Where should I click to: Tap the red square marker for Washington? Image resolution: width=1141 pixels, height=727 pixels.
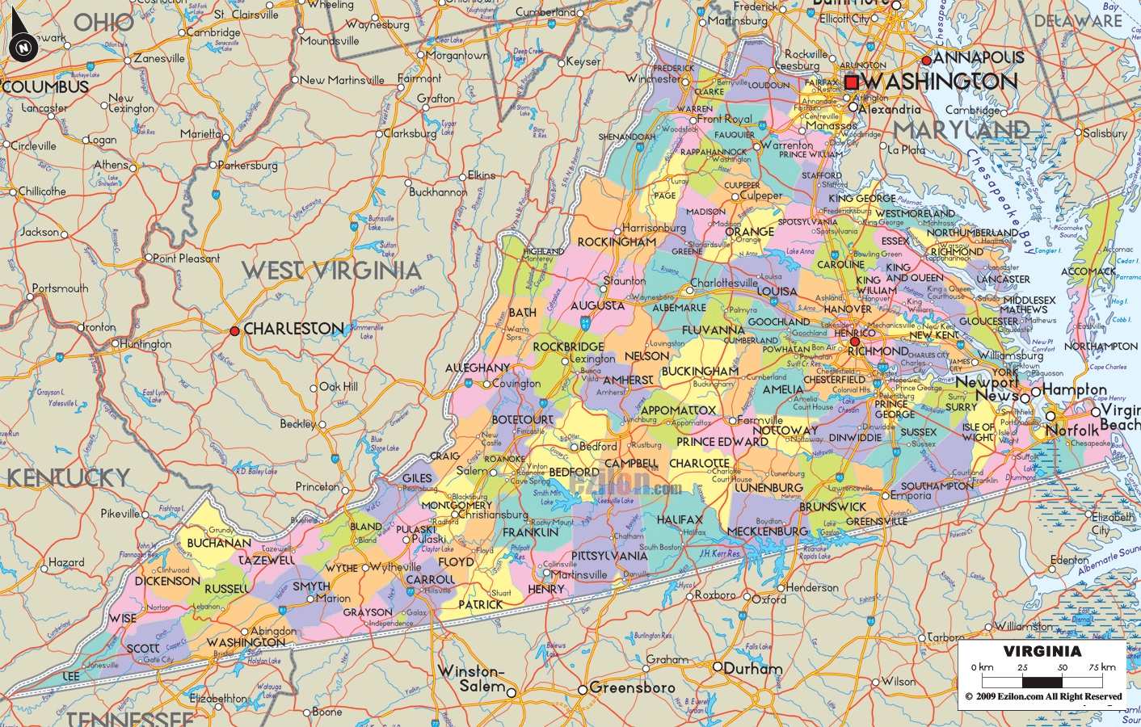pos(851,82)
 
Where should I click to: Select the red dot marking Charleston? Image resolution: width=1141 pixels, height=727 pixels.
pos(234,330)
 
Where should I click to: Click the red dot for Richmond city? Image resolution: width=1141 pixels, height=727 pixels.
pos(855,342)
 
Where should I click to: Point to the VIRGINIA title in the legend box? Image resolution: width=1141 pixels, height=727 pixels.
pos(1042,651)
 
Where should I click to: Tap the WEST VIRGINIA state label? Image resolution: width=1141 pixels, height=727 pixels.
pos(331,271)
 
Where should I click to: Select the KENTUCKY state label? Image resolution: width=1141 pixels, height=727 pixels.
pos(69,478)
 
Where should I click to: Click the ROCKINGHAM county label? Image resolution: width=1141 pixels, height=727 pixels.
pos(617,242)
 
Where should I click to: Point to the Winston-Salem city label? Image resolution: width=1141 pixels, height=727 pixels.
pos(471,679)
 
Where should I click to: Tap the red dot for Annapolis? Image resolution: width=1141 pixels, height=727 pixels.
pos(926,61)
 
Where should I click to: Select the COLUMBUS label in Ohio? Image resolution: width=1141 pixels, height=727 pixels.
pos(46,86)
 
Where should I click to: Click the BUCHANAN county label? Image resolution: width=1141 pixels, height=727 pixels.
pos(219,543)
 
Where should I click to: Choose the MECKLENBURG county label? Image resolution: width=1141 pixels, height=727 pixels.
pos(768,532)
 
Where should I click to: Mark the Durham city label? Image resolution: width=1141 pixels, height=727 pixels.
pos(753,669)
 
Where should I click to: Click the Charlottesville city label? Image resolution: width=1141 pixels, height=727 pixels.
pos(723,284)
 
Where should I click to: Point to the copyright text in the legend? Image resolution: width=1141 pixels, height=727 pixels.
pos(1042,696)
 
